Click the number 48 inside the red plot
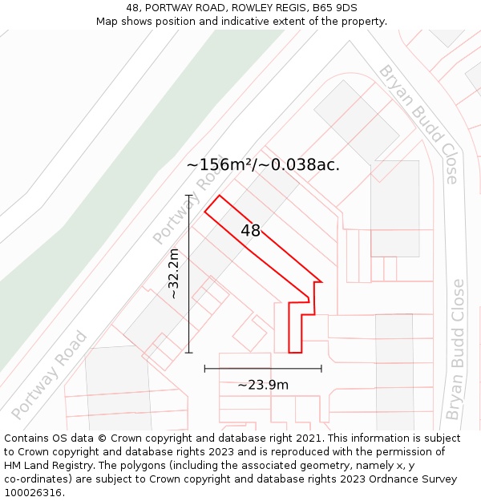coord(250,231)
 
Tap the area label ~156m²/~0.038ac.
coord(263,165)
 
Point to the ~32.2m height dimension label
coord(174,273)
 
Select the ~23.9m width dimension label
coord(263,385)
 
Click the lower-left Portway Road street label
coord(49,375)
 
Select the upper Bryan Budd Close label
coord(418,124)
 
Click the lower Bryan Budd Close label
coord(455,349)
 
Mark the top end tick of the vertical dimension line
coord(189,195)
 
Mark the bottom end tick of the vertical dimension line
coord(189,352)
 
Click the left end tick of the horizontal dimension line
coord(205,369)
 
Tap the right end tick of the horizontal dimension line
coord(321,369)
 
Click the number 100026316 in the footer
coord(33,493)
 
